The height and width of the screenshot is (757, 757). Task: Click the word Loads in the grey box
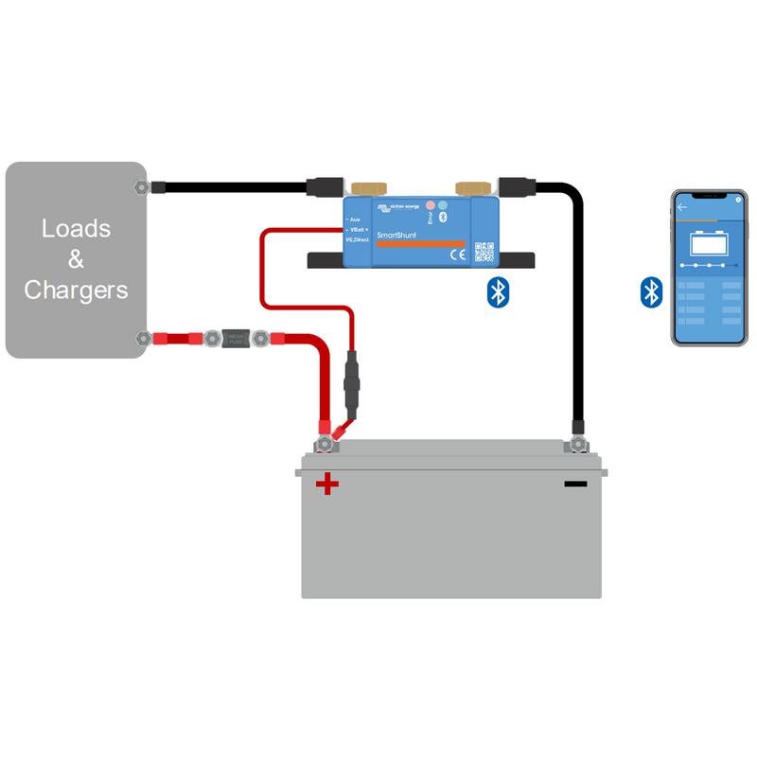pyautogui.click(x=76, y=228)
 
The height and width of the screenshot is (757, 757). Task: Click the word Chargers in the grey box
pyautogui.click(x=76, y=290)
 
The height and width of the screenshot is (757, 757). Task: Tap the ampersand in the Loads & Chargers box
pyautogui.click(x=76, y=258)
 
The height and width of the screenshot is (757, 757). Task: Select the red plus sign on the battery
pyautogui.click(x=327, y=484)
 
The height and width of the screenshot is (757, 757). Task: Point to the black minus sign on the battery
pyautogui.click(x=574, y=484)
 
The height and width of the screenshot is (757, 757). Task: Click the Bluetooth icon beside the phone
pyautogui.click(x=650, y=292)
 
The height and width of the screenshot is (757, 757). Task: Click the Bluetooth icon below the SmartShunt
pyautogui.click(x=497, y=292)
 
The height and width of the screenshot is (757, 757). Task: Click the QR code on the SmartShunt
pyautogui.click(x=484, y=252)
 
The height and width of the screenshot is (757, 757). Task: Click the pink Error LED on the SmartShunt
pyautogui.click(x=431, y=204)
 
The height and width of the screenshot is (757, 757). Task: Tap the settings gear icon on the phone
pyautogui.click(x=737, y=199)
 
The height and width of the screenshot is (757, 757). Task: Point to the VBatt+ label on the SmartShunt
pyautogui.click(x=358, y=230)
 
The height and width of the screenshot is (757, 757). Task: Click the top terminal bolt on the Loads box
pyautogui.click(x=142, y=186)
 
